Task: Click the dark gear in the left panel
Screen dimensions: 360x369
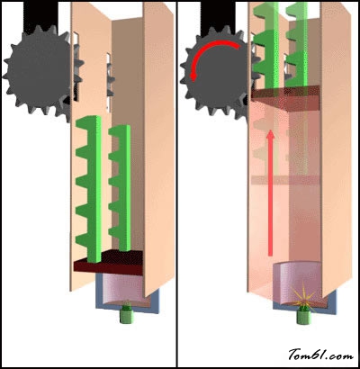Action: coord(39,72)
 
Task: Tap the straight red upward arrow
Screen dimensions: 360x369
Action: coord(271,193)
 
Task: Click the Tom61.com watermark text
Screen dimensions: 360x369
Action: coord(320,355)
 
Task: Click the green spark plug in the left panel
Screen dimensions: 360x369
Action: coord(126,314)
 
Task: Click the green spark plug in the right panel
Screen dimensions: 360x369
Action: coord(304,316)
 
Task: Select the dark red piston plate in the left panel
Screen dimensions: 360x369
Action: coord(109,262)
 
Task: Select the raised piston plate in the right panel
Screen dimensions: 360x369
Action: coord(285,97)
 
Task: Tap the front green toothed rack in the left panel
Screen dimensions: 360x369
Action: coord(89,189)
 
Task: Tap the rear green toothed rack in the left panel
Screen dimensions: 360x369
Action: coord(120,187)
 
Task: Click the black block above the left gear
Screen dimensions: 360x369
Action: coord(40,15)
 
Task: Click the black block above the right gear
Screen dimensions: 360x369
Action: coord(218,15)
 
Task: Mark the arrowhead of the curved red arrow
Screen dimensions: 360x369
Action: coord(193,76)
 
